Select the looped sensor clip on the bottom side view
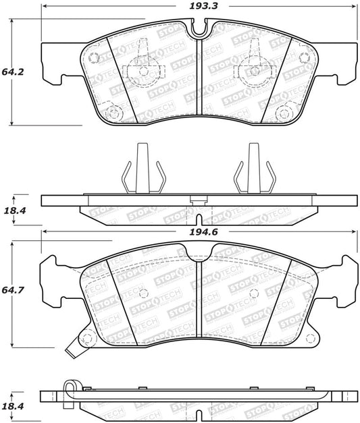[x=70, y=389]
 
